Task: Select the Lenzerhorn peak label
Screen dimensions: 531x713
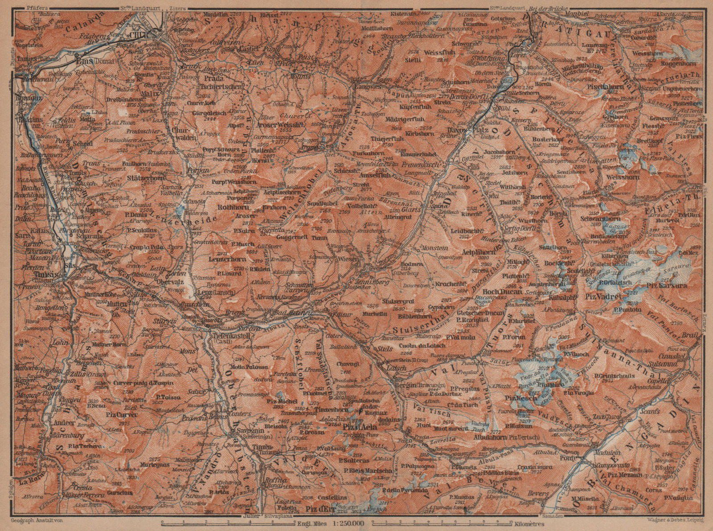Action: point(223,258)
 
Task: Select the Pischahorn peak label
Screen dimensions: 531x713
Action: point(604,87)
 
